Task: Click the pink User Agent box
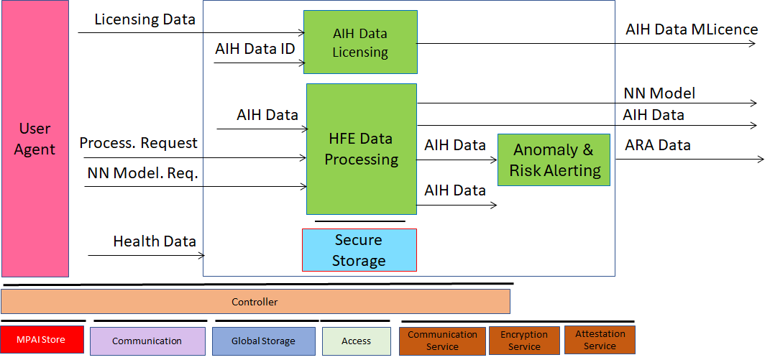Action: [35, 139]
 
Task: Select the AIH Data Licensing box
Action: [360, 42]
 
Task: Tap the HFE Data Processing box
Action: [362, 149]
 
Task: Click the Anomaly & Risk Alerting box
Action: [554, 160]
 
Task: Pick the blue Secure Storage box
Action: [359, 250]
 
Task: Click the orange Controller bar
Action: [255, 302]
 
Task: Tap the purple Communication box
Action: [147, 341]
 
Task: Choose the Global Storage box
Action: [263, 341]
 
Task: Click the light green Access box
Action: [356, 341]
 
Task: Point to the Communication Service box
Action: [442, 341]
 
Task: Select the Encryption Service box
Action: [524, 341]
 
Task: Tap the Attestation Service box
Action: [600, 340]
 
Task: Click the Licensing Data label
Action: [145, 19]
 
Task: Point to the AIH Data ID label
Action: [255, 49]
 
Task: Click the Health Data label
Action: [155, 241]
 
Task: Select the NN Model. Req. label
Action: [142, 173]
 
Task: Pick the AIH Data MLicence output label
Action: [692, 29]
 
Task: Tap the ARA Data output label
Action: [658, 145]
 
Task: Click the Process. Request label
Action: [139, 143]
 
